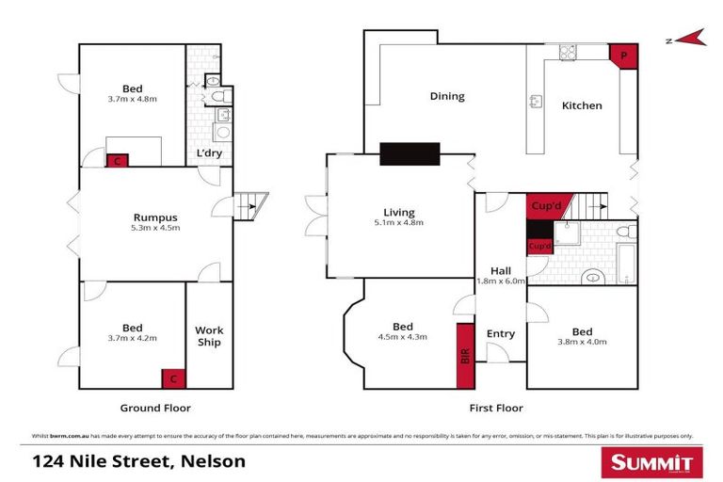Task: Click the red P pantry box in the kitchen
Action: (623, 56)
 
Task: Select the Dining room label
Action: (447, 96)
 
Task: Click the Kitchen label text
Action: (582, 105)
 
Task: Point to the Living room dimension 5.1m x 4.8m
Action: (399, 223)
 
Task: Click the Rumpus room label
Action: (154, 217)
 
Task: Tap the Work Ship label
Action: (209, 336)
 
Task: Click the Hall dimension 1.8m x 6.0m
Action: (499, 281)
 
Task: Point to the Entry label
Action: (501, 333)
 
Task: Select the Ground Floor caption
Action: (155, 408)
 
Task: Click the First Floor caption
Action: (496, 408)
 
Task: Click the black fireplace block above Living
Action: (410, 153)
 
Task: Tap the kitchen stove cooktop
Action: (569, 53)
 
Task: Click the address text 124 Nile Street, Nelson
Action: (138, 461)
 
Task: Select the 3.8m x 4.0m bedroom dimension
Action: (582, 343)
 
